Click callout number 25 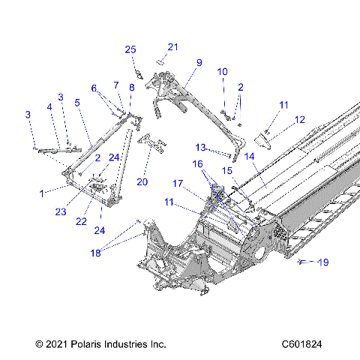pos(130,49)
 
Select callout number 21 pos(173,47)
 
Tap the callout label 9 pos(199,62)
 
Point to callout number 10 pos(222,71)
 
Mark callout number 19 pos(323,262)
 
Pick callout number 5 pos(77,102)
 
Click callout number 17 pos(178,182)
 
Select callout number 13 pos(200,146)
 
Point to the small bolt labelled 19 pos(301,262)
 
